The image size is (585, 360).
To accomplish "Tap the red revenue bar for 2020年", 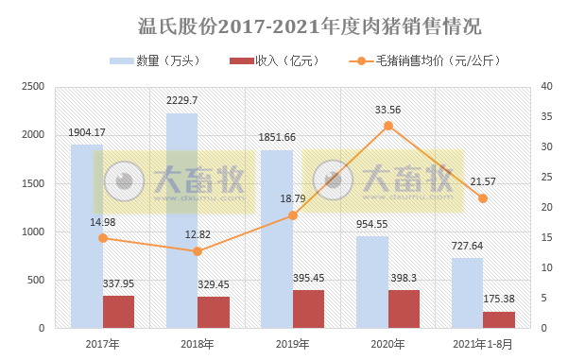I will [x=404, y=309].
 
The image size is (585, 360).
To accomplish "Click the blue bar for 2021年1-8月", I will [x=467, y=293].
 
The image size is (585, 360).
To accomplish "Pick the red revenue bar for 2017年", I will [x=118, y=312].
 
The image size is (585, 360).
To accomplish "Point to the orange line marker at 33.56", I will [x=387, y=126].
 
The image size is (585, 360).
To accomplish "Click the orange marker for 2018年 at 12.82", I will [x=198, y=251].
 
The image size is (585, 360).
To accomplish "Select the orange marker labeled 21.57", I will [x=483, y=198].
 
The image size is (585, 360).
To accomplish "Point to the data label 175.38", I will [x=500, y=298].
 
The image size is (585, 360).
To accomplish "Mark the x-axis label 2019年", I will [x=292, y=344].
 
